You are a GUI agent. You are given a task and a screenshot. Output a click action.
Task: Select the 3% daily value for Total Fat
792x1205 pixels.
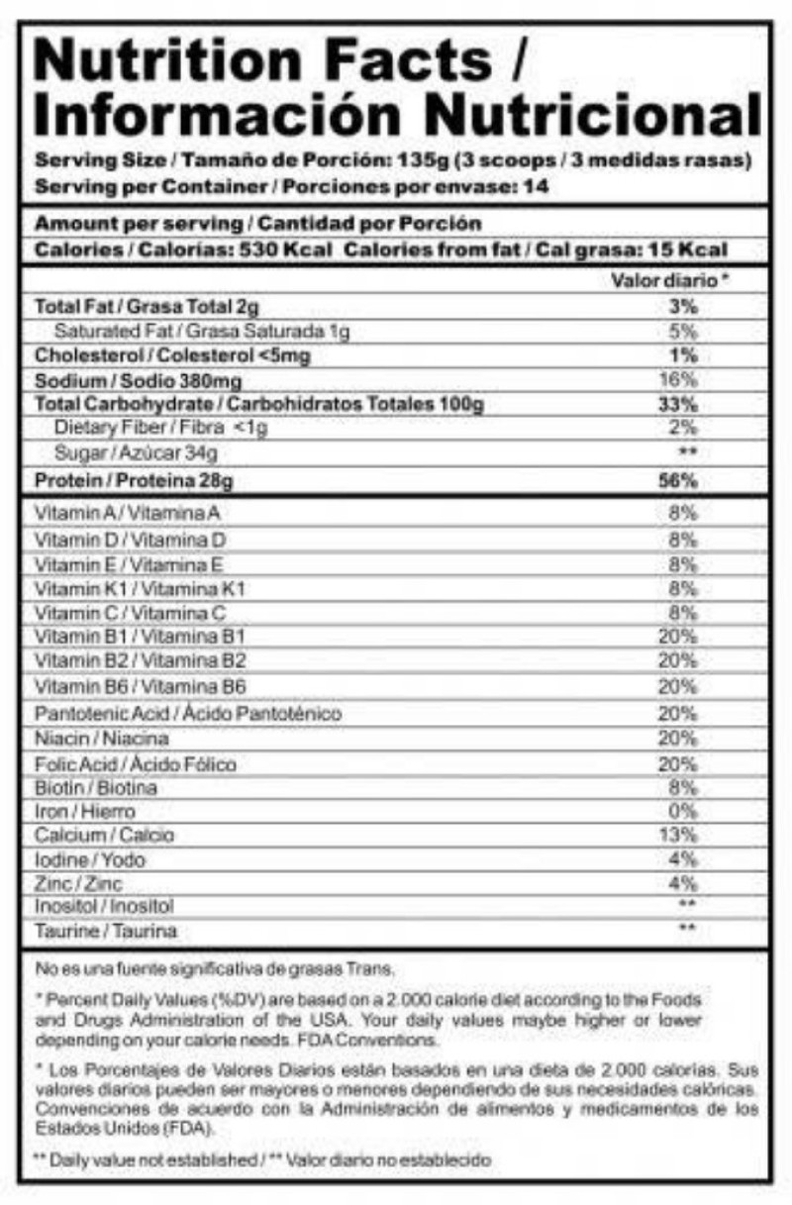tap(683, 307)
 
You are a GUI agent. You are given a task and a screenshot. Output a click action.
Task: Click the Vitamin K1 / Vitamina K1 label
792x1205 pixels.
tap(140, 589)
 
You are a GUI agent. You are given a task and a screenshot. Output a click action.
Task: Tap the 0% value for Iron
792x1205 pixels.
tap(682, 811)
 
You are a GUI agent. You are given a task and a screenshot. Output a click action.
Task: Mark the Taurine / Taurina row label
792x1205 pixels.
tap(106, 932)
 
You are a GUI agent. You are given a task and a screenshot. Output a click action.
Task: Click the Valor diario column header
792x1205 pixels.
tap(669, 281)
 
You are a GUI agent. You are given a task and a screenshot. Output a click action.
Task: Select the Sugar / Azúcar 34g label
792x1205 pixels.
tap(136, 453)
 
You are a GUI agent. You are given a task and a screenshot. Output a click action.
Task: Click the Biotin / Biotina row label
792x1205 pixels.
tap(96, 787)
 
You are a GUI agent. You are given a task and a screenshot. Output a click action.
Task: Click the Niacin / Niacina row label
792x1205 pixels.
tap(101, 739)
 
